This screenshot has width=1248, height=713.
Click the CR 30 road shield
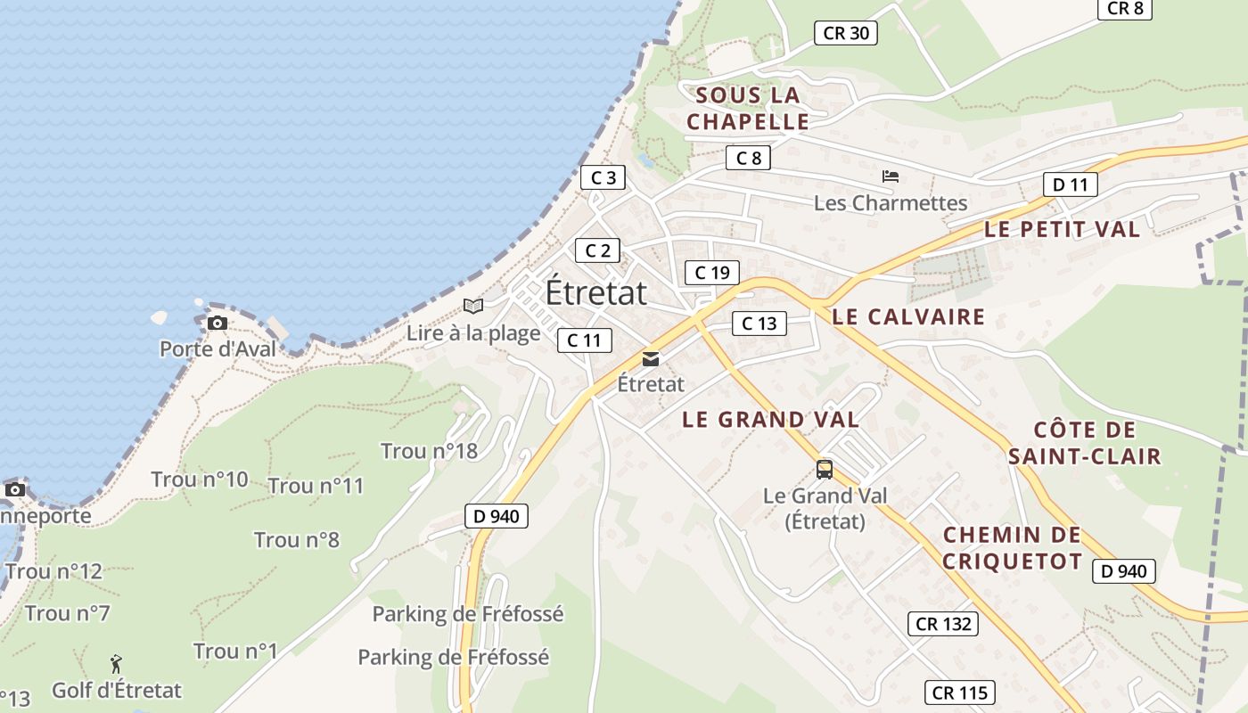(x=846, y=33)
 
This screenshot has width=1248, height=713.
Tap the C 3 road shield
(x=603, y=177)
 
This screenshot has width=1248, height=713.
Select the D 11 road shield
(x=1070, y=184)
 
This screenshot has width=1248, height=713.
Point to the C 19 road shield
(x=711, y=273)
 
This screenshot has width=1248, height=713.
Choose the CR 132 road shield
(x=943, y=624)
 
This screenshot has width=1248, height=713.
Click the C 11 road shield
(x=585, y=340)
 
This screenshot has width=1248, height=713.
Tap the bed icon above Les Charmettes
(x=890, y=176)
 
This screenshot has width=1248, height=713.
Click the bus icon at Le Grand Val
(x=825, y=469)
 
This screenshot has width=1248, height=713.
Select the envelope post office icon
(x=651, y=359)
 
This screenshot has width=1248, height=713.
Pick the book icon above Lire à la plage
(x=473, y=307)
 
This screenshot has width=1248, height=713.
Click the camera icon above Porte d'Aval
(x=217, y=323)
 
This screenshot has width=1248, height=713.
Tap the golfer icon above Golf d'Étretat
(x=116, y=664)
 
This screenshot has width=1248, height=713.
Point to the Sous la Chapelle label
(x=748, y=109)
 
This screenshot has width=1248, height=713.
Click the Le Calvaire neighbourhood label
(x=908, y=317)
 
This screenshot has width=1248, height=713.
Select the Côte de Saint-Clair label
(x=1085, y=443)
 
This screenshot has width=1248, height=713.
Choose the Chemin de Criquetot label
(x=1012, y=548)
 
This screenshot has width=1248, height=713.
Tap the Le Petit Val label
(x=1062, y=229)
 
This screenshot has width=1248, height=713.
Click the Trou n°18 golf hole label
(x=429, y=451)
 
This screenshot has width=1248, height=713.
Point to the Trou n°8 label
(x=296, y=540)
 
